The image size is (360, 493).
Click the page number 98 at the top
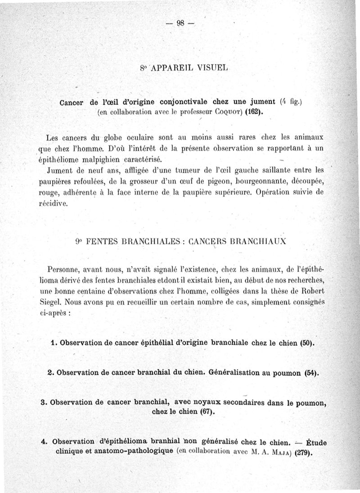pyautogui.click(x=180, y=24)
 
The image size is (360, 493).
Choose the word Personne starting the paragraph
pyautogui.click(x=62, y=270)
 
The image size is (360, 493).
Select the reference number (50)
pyautogui.click(x=306, y=343)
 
